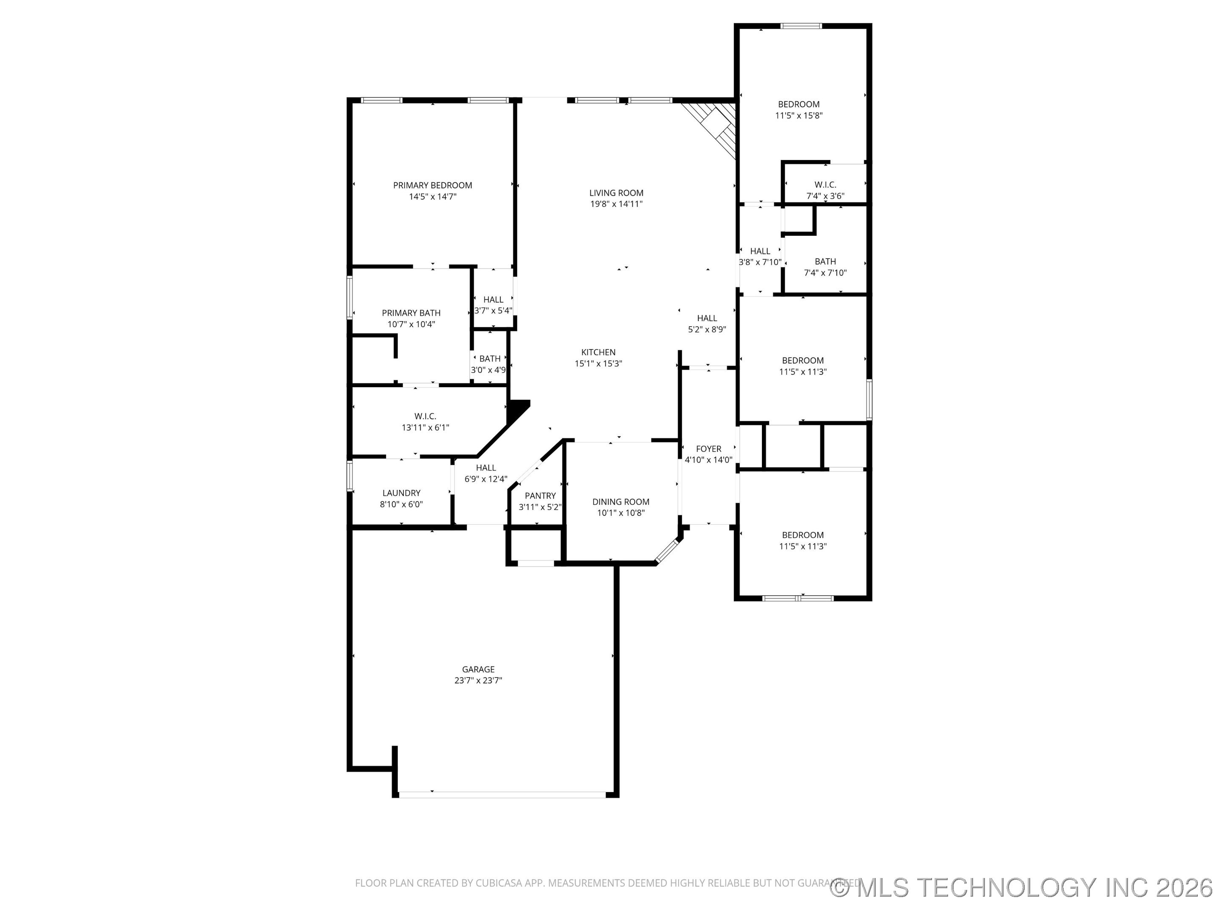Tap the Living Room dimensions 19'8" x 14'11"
click(x=616, y=204)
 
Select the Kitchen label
click(x=598, y=352)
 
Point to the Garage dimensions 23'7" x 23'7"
click(x=478, y=680)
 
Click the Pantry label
click(x=540, y=496)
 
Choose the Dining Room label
click(x=621, y=502)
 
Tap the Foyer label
click(x=709, y=449)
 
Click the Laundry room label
click(x=402, y=493)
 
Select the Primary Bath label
click(x=411, y=313)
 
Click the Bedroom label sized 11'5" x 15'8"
click(x=799, y=104)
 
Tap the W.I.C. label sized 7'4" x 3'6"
click(x=825, y=185)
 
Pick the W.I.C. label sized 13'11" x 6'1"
click(x=425, y=416)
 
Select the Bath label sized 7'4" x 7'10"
click(x=825, y=262)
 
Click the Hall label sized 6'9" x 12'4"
click(x=486, y=468)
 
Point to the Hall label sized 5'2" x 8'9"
click(x=707, y=319)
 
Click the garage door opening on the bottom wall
click(x=502, y=794)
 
